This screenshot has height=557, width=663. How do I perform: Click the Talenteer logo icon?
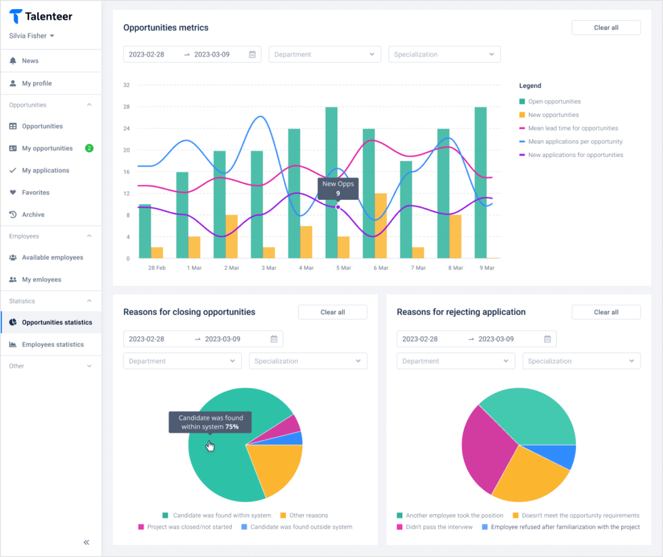[x=16, y=16]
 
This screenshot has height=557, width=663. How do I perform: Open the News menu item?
[x=30, y=61]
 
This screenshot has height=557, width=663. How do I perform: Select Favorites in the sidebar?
[x=36, y=192]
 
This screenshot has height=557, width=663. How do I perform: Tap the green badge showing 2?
[x=89, y=148]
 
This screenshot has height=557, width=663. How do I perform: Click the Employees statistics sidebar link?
[x=52, y=344]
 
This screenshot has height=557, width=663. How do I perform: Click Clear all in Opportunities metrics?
[x=606, y=28]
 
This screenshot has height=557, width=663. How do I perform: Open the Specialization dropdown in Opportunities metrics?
[x=444, y=55]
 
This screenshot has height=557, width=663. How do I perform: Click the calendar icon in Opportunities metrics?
[x=252, y=55]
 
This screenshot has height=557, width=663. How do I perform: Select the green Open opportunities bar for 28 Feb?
[x=145, y=231]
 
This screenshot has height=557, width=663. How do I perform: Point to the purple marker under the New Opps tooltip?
[x=338, y=207]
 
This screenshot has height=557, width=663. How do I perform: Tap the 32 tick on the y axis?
[x=127, y=85]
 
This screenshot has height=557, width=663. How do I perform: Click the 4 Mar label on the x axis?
[x=306, y=268]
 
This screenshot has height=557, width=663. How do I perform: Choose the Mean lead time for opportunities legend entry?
[x=573, y=128]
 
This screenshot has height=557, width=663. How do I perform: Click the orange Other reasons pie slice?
[x=274, y=468]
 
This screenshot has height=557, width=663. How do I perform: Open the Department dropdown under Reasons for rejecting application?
[x=455, y=361]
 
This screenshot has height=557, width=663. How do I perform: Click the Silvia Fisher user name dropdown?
[x=32, y=36]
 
